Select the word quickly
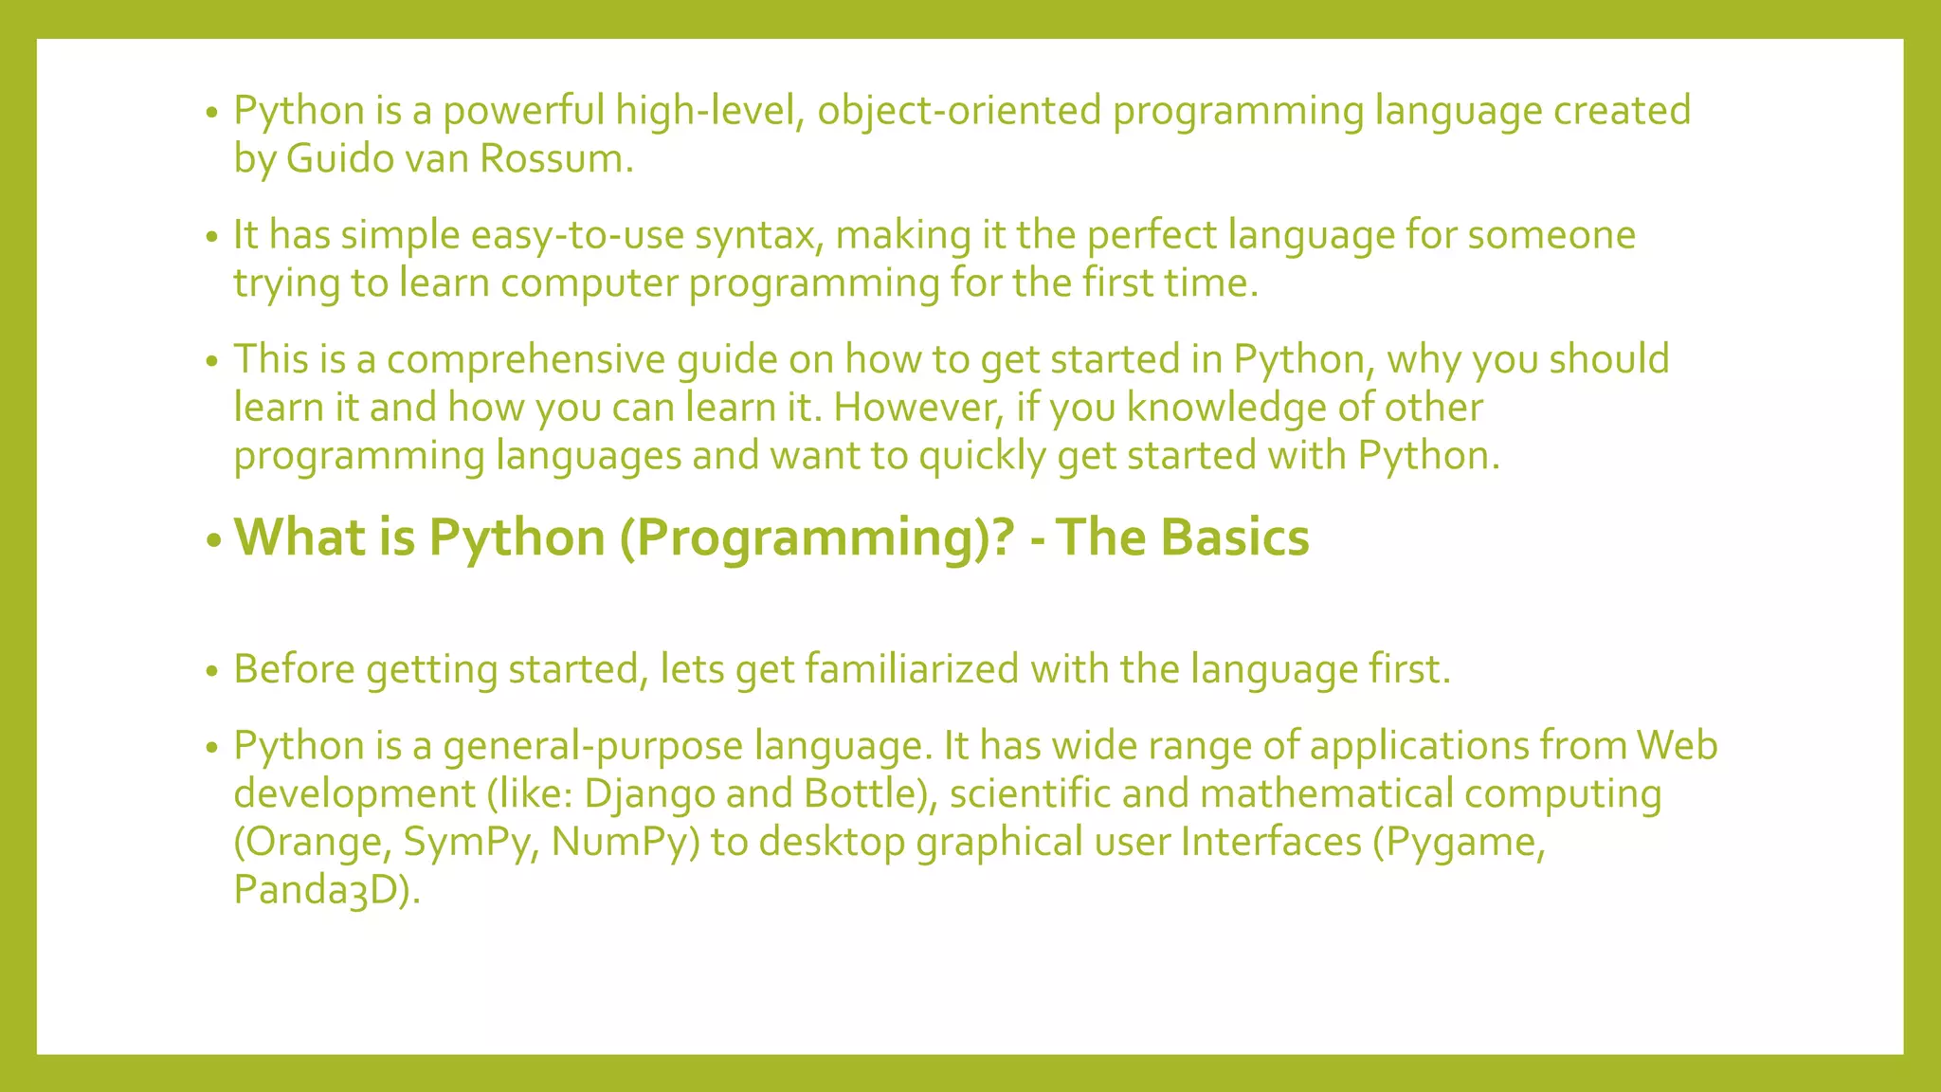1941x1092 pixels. [982, 456]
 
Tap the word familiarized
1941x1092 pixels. [912, 669]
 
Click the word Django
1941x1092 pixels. [649, 794]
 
